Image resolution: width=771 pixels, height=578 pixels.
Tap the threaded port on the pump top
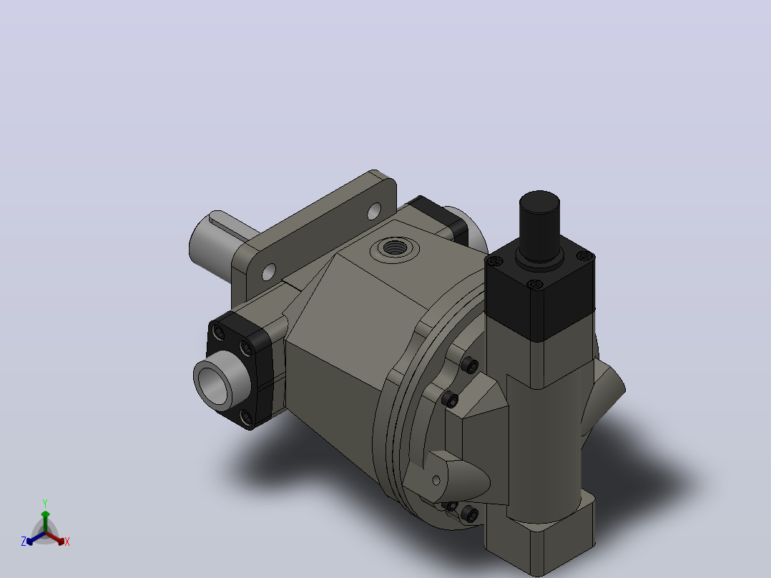click(x=394, y=248)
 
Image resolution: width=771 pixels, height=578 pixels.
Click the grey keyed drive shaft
click(x=216, y=243)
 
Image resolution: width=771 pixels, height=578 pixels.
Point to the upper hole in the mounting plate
click(x=374, y=211)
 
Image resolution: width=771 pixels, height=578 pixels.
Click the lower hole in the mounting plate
click(x=269, y=272)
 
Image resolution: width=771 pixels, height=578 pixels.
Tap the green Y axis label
click(x=45, y=504)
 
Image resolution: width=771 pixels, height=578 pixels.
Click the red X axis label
click(x=67, y=542)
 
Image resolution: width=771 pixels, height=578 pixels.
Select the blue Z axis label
click(x=23, y=542)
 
